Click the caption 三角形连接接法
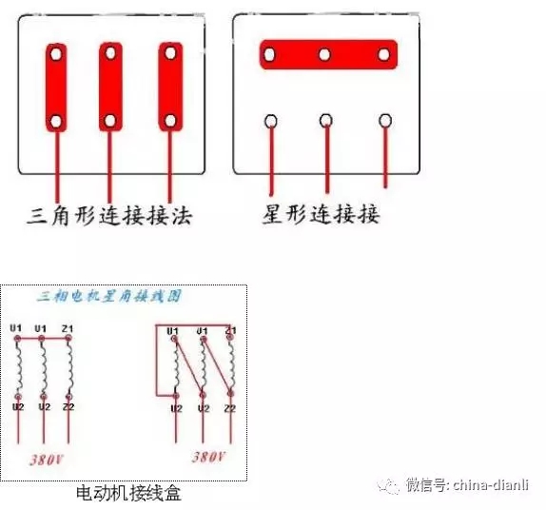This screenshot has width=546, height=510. [110, 217]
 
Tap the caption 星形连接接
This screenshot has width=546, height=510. [321, 215]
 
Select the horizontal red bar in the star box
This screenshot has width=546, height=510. [326, 54]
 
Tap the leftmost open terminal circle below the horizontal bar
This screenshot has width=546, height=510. [271, 122]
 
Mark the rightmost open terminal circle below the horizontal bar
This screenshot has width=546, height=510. [385, 121]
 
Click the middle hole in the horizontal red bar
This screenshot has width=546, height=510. [325, 54]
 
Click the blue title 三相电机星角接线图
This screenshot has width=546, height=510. [108, 297]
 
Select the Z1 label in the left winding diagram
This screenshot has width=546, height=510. [68, 329]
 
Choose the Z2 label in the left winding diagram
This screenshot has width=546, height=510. [69, 406]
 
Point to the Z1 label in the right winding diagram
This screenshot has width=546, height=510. [229, 329]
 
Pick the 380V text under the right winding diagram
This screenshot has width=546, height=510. [208, 457]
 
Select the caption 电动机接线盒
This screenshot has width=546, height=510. [127, 494]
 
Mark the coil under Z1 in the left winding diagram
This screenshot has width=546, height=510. [69, 366]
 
